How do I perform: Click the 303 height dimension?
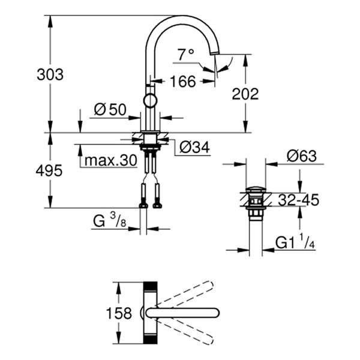pyautogui.click(x=49, y=75)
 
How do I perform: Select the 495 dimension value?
pyautogui.click(x=49, y=170)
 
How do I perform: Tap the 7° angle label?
pyautogui.click(x=186, y=55)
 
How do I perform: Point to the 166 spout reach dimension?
pyautogui.click(x=182, y=81)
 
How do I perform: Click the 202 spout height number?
pyautogui.click(x=245, y=94)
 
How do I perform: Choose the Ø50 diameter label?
pyautogui.click(x=110, y=109)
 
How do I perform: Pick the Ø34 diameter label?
pyautogui.click(x=193, y=146)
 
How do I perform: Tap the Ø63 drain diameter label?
pyautogui.click(x=301, y=156)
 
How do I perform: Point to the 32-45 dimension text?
pyautogui.click(x=298, y=200)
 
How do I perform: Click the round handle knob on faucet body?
pyautogui.click(x=149, y=100)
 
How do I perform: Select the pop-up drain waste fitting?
pyautogui.click(x=257, y=204)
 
